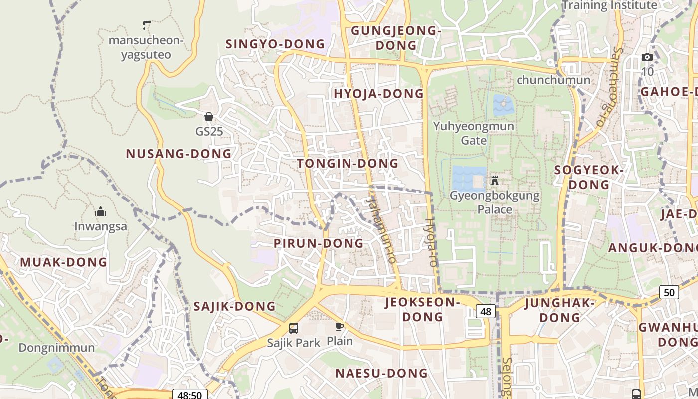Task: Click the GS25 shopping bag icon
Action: point(209,117)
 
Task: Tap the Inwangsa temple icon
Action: point(101,211)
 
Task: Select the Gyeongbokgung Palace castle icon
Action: point(495,180)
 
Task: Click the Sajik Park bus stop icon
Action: point(294,328)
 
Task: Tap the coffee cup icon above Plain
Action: point(340,327)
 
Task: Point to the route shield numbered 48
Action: point(486,312)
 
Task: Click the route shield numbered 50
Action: point(669,292)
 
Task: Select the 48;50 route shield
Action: point(189,395)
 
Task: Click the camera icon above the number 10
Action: point(647,57)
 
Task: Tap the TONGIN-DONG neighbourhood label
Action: point(348,163)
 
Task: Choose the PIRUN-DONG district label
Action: point(319,243)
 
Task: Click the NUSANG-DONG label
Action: point(178,154)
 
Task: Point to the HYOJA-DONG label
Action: point(378,94)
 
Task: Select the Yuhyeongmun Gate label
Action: point(473,133)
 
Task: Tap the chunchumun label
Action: point(553,80)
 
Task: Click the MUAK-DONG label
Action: point(63,262)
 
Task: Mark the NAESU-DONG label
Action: point(381,373)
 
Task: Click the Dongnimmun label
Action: point(56,348)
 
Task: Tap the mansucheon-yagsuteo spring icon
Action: point(147,24)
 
